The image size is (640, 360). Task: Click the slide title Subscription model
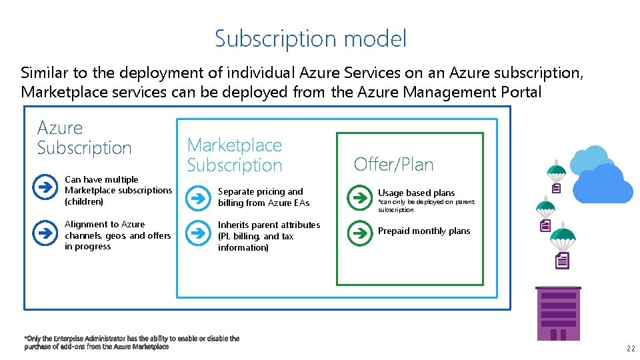310,39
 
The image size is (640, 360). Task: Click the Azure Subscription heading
84,138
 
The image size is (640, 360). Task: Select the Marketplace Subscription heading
234,155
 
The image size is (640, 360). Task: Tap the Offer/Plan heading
393,164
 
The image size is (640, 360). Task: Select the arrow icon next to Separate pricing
197,198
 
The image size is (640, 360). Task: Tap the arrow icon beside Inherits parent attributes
197,234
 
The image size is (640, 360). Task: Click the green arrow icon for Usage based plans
359,197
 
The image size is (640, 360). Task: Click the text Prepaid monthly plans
424,231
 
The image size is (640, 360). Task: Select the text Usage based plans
416,193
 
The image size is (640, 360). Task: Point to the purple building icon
558,313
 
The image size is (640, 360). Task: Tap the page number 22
630,349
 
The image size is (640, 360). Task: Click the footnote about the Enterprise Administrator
131,342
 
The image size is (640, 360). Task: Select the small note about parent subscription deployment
426,205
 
